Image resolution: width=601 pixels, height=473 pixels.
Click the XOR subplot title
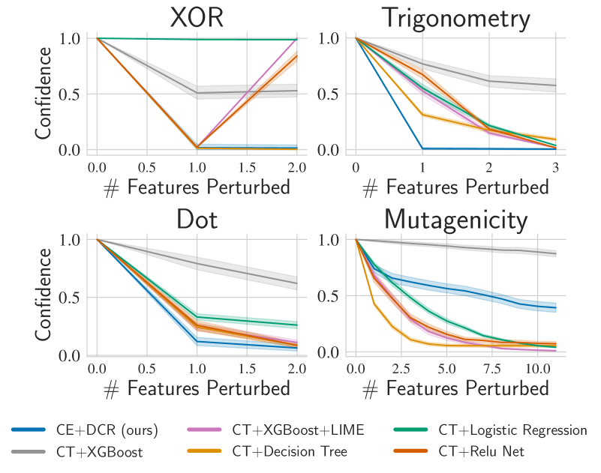(197, 18)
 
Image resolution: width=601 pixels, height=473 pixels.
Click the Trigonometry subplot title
(455, 18)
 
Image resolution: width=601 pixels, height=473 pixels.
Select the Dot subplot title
(197, 220)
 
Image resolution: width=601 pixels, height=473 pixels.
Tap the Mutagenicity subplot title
(455, 220)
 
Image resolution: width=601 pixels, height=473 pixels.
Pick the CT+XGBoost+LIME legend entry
(298, 430)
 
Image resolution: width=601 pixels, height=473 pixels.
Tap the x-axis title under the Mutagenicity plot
(455, 389)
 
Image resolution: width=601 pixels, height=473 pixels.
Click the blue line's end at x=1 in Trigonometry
(422, 148)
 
